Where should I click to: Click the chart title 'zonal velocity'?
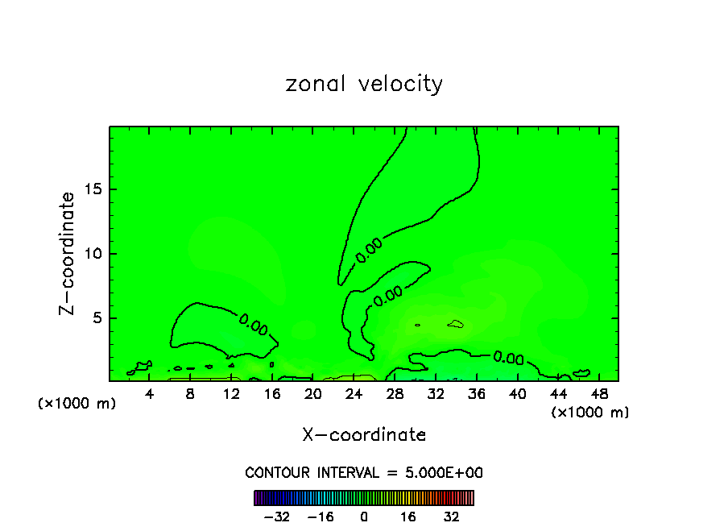(x=364, y=84)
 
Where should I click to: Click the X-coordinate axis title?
(x=364, y=435)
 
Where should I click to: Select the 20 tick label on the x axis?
(x=313, y=393)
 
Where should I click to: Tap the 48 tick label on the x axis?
(x=599, y=393)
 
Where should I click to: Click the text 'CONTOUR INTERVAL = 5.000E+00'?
(x=364, y=473)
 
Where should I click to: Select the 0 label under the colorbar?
(x=364, y=517)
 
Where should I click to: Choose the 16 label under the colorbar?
(x=408, y=517)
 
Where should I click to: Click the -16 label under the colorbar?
(x=321, y=517)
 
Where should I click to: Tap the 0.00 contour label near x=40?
(x=508, y=357)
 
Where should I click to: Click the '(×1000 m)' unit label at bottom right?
(x=590, y=413)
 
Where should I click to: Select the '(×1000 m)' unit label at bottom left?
(x=77, y=404)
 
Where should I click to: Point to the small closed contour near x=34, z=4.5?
(x=456, y=324)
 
